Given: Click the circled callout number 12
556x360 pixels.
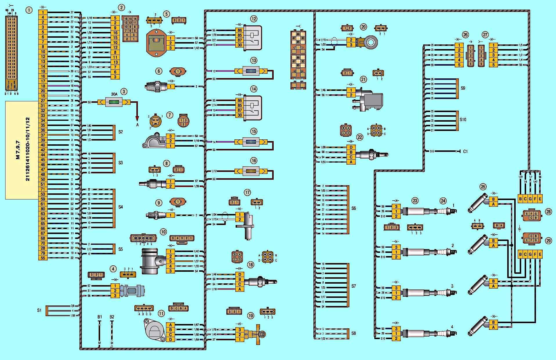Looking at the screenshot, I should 254,19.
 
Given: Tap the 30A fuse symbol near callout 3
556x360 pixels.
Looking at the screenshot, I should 114,102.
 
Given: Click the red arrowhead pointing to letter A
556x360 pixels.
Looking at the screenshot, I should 138,118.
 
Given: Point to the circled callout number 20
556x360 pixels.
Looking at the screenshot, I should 363,27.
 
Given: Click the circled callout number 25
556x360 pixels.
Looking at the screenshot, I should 483,187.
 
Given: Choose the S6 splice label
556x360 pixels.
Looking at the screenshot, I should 353,208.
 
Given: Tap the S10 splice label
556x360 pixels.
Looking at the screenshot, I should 463,120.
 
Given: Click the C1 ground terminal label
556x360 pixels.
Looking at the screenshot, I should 465,151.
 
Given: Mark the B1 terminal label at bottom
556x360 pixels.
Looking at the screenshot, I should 100,317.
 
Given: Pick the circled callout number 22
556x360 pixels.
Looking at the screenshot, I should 360,137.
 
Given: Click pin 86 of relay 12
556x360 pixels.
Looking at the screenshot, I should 239,30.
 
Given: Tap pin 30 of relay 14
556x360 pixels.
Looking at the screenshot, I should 239,115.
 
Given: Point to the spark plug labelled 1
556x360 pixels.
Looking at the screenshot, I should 447,211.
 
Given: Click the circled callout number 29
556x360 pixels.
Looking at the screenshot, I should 548,241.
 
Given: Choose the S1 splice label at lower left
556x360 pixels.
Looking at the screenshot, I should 39,310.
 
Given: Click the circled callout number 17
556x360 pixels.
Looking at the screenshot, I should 247,192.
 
